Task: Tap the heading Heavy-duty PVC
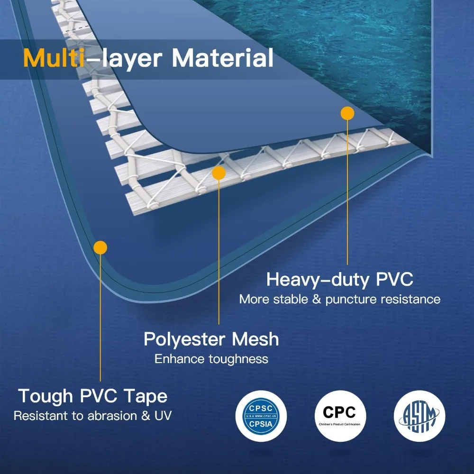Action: click(x=339, y=280)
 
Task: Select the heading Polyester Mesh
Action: click(x=211, y=339)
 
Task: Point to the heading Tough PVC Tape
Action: click(x=93, y=396)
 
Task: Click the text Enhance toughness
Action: click(x=211, y=359)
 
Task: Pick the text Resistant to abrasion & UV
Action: click(x=93, y=416)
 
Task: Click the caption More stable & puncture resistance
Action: click(x=339, y=299)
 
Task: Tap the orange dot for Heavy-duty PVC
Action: click(x=347, y=113)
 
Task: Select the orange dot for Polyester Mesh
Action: click(x=219, y=173)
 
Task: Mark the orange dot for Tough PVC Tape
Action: click(x=100, y=247)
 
